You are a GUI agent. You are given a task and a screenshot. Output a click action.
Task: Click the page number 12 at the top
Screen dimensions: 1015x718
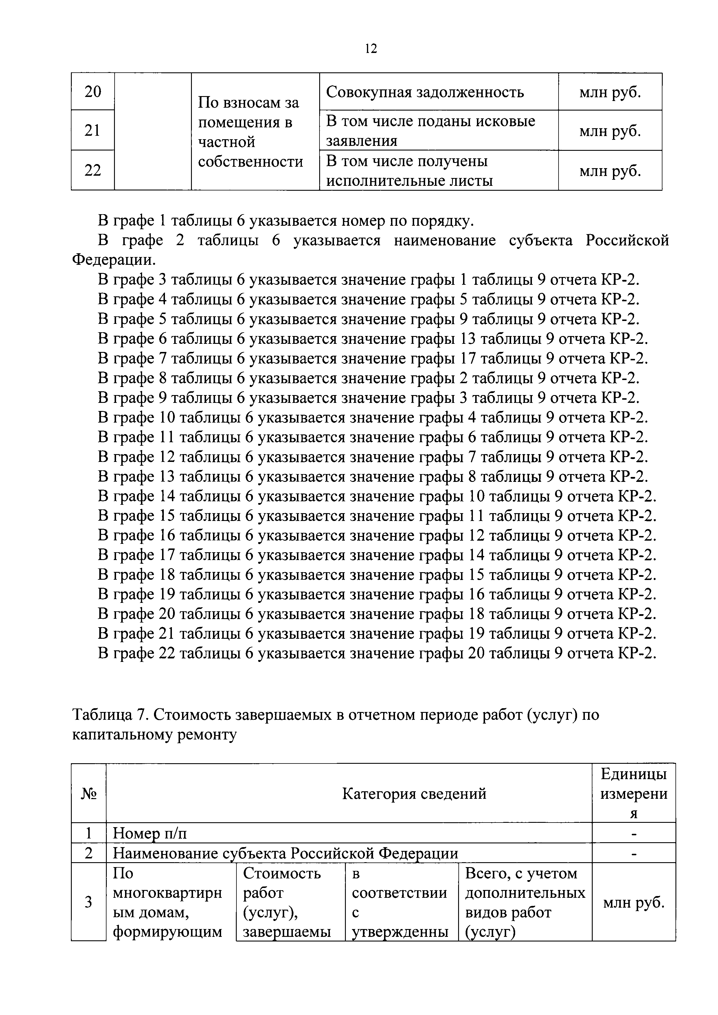tap(371, 49)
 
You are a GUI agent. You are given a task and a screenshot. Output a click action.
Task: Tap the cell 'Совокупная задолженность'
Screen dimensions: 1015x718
tap(425, 92)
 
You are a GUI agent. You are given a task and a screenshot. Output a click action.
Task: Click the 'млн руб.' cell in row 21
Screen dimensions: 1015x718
tap(610, 131)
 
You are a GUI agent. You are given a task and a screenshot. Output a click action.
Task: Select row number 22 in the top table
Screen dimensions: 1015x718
tap(93, 170)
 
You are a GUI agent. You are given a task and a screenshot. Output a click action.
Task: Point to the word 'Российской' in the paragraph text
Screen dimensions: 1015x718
tap(627, 241)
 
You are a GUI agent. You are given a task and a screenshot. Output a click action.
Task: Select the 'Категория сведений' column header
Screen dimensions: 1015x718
tap(414, 794)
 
